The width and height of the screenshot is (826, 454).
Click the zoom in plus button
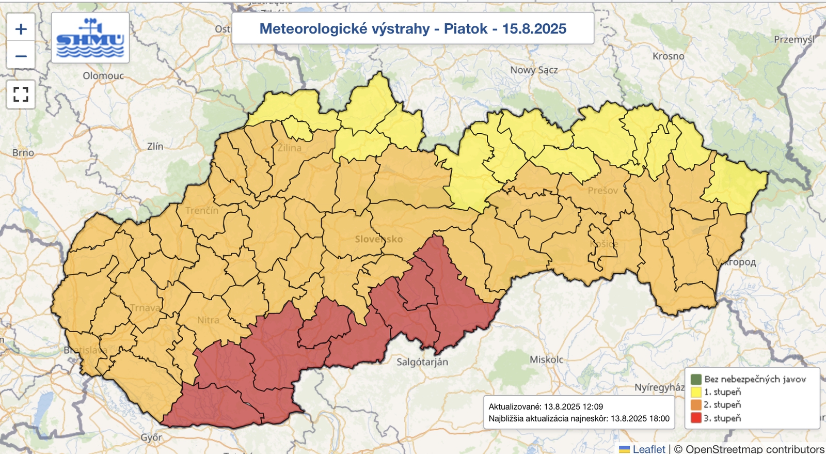pos(21,29)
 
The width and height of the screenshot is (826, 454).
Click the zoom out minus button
pos(21,56)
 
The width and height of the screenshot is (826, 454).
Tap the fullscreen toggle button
pos(21,95)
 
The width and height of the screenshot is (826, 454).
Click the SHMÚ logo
pos(90,38)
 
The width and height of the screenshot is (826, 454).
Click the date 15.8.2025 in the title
pos(534,29)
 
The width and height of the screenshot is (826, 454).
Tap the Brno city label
pos(23,153)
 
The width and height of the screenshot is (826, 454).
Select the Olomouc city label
pos(103,76)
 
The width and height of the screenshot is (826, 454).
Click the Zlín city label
pos(155,147)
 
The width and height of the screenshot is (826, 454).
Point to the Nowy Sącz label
pos(534,70)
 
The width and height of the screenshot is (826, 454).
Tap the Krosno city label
pos(668,56)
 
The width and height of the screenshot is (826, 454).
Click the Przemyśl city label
pos(794,40)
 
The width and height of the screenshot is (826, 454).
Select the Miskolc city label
pos(546,359)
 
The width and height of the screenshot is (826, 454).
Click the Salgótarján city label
pos(422,362)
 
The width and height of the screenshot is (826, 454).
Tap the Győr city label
pos(151,437)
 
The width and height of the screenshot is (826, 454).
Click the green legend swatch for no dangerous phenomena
pos(696,379)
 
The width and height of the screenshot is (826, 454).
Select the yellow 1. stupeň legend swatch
pos(696,392)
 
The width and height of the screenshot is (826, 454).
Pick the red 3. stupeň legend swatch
pos(696,418)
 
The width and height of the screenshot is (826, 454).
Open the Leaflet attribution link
pos(648,449)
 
